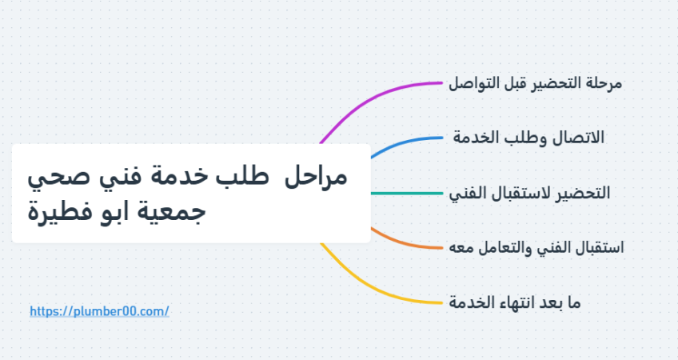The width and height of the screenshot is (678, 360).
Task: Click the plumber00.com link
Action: pyautogui.click(x=99, y=311)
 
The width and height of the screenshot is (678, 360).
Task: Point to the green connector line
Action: pyautogui.click(x=406, y=193)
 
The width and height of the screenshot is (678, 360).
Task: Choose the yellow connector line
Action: pyautogui.click(x=372, y=289)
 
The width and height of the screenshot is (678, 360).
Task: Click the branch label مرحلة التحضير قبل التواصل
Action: pyautogui.click(x=536, y=82)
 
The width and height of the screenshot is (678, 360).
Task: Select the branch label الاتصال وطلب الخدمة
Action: pyautogui.click(x=528, y=138)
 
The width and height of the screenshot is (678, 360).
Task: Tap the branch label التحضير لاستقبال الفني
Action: pyautogui.click(x=529, y=193)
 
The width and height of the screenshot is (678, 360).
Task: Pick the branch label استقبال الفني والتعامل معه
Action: pyautogui.click(x=536, y=247)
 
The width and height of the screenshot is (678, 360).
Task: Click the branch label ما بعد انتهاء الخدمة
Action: pyautogui.click(x=515, y=302)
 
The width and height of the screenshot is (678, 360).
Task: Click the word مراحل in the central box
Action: pyautogui.click(x=316, y=177)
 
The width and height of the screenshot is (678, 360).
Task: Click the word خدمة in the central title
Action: pyautogui.click(x=184, y=177)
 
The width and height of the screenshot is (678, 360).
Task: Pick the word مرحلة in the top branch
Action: pyautogui.click(x=604, y=82)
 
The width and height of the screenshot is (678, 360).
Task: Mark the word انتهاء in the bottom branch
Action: pyautogui.click(x=516, y=302)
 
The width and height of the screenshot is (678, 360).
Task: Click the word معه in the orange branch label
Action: pyautogui.click(x=460, y=248)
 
